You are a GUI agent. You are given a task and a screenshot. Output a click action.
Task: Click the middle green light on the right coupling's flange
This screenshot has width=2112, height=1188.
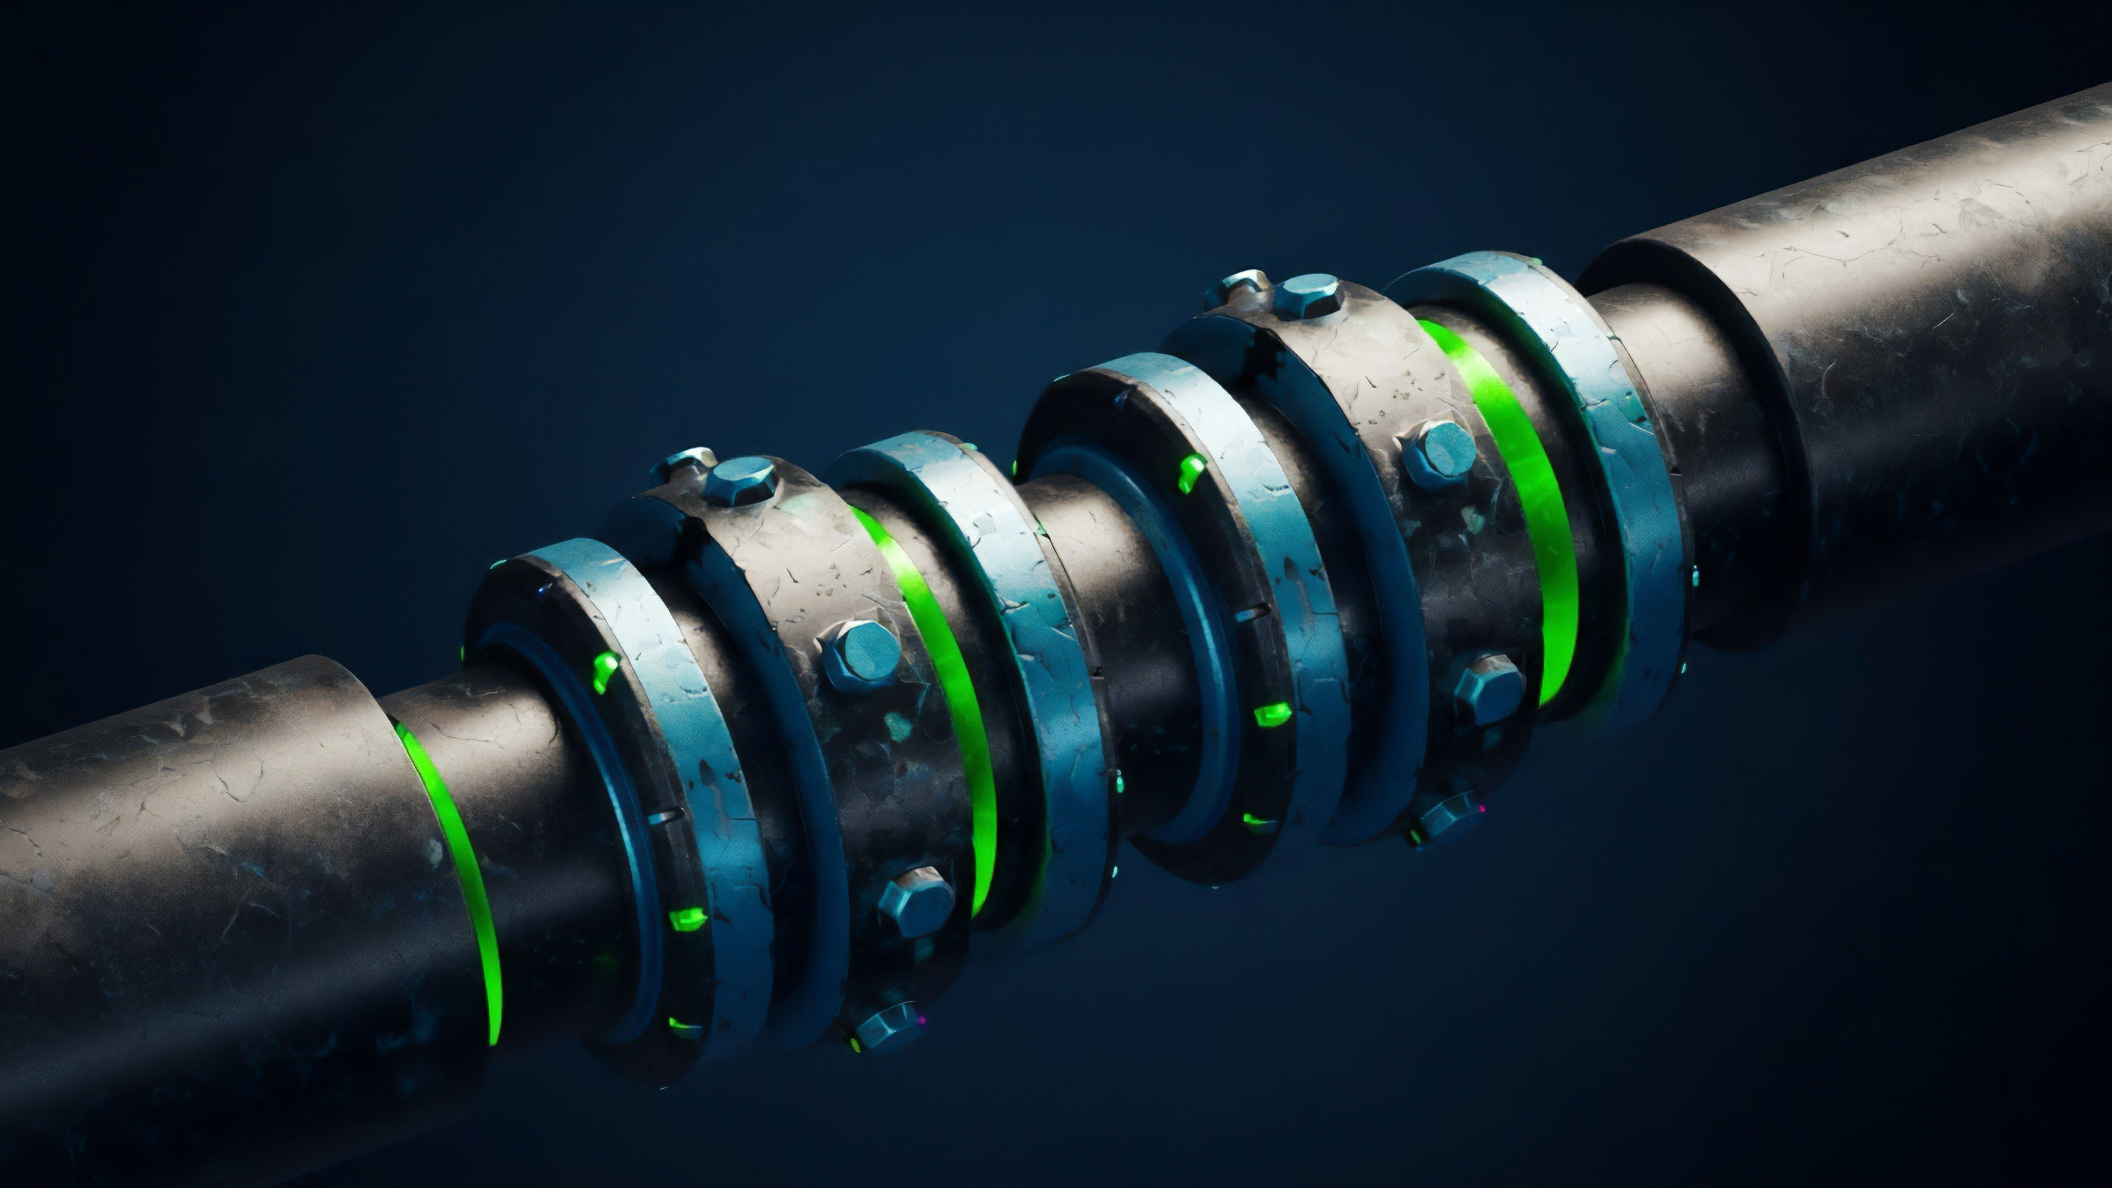[x=1272, y=714]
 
